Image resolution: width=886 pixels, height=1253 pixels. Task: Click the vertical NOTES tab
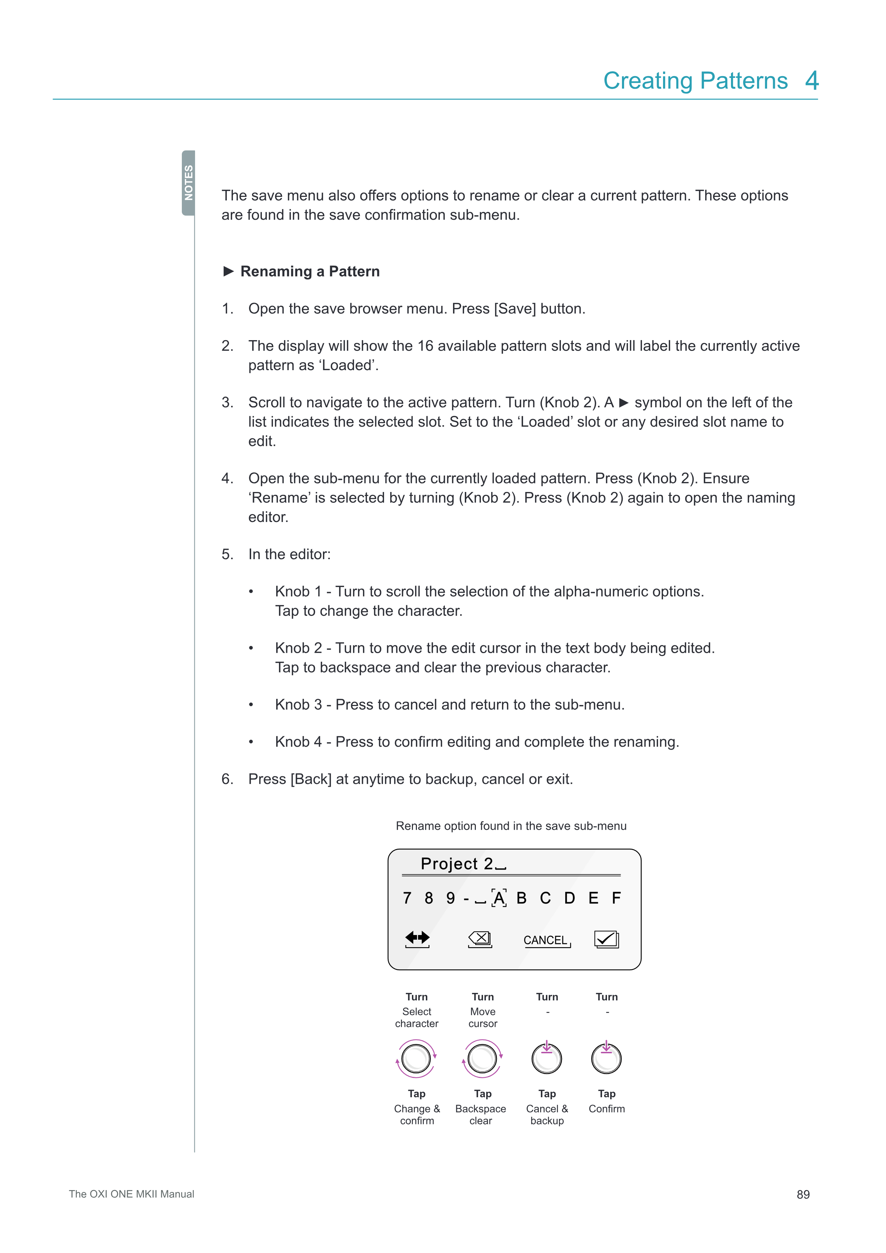click(188, 183)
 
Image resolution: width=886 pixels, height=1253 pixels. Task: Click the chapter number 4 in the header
click(812, 81)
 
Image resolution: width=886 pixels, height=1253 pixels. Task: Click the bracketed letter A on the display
click(499, 898)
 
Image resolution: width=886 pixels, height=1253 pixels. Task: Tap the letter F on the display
click(616, 898)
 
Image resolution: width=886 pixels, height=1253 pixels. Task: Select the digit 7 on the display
click(407, 898)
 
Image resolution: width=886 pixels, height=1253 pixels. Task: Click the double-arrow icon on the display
click(417, 938)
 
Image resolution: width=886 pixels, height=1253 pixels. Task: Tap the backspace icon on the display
click(480, 939)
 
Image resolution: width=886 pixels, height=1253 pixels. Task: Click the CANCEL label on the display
click(546, 940)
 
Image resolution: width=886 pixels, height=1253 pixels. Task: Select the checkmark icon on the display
click(606, 939)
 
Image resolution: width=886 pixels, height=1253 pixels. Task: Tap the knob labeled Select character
click(416, 1059)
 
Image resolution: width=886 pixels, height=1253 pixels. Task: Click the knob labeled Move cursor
click(482, 1059)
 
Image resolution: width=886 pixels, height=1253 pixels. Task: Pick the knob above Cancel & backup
click(547, 1059)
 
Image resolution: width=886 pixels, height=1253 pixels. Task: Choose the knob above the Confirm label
click(606, 1059)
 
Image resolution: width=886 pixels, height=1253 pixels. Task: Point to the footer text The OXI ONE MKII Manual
click(131, 1194)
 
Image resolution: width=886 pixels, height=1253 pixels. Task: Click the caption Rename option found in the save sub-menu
click(511, 826)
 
